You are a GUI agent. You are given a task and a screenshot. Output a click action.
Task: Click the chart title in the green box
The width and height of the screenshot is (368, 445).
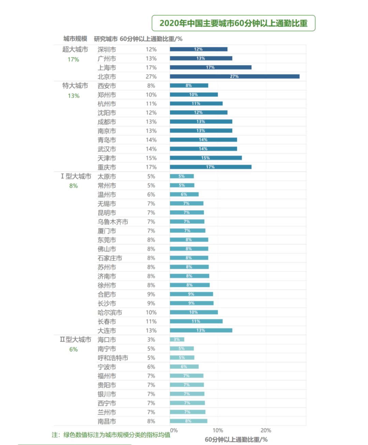point(233,23)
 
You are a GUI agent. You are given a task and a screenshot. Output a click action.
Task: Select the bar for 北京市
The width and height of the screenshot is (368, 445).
point(234,77)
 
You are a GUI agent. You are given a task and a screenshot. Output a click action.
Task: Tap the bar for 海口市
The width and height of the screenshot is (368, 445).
point(177,339)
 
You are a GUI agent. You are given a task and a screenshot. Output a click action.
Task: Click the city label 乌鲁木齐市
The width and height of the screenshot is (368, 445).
point(113,222)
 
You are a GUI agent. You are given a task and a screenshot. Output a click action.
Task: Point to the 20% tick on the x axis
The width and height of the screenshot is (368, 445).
point(266,430)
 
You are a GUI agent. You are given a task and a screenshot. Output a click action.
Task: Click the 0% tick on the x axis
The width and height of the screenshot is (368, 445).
point(174,430)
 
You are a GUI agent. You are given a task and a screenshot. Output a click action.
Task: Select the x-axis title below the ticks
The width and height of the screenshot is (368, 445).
point(236,440)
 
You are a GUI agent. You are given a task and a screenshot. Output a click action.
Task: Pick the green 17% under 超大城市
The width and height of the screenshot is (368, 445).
point(73,60)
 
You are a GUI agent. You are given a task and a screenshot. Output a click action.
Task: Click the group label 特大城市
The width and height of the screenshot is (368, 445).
point(75,86)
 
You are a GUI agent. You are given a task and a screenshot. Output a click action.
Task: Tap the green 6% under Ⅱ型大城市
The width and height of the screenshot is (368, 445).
point(73,349)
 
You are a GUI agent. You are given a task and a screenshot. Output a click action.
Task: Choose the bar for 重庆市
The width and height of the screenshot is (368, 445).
point(210,167)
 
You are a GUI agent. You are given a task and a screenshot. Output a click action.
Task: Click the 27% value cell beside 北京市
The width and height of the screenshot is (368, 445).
point(151,77)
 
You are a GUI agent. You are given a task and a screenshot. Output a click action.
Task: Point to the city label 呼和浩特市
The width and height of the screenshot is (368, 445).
point(113,358)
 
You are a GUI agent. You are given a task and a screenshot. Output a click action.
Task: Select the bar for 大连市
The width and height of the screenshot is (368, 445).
point(201,330)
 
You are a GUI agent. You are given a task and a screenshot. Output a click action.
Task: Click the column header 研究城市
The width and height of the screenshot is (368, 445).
point(106,39)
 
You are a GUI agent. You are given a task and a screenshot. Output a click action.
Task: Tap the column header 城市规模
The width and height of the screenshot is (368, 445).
point(75,39)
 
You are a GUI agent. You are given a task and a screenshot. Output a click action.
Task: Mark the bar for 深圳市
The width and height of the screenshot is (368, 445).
point(198,49)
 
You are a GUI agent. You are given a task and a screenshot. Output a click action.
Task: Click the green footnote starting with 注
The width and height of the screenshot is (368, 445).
point(111,435)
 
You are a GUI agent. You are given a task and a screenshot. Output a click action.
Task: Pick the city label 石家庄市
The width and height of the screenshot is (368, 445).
point(110,258)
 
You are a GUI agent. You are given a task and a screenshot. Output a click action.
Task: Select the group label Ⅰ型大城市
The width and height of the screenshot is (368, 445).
point(76,176)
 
